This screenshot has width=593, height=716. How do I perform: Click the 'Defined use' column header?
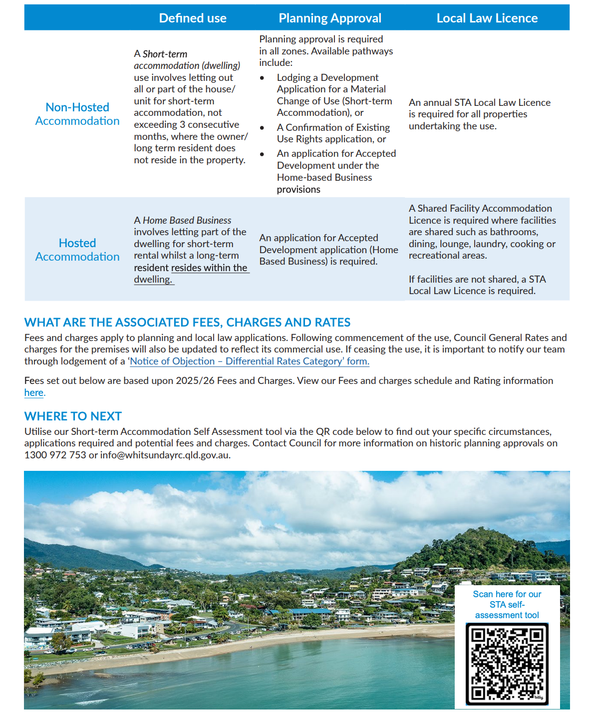coord(193,18)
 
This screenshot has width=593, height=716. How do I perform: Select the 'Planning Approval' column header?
coord(330,18)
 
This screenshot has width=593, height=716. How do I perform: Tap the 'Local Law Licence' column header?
coord(487,18)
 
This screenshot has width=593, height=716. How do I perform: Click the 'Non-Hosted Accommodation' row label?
coord(77,114)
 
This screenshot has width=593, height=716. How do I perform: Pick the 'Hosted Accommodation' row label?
coord(77,250)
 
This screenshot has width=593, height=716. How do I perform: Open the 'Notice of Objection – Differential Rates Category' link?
coord(249,361)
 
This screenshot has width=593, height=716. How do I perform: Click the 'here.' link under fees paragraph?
coord(34,392)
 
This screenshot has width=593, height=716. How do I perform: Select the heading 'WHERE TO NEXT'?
coord(73,416)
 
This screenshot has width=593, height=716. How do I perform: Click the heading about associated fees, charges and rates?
coord(187,323)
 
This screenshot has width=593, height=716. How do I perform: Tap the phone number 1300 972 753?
coord(55,455)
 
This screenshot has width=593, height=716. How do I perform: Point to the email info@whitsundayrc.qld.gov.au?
coord(165,455)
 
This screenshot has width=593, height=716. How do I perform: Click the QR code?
coord(507,664)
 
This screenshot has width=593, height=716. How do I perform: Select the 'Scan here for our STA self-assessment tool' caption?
coord(507,605)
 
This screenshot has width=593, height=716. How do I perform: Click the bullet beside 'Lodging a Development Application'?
coord(262,78)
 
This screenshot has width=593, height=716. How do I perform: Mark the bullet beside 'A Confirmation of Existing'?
coord(262,128)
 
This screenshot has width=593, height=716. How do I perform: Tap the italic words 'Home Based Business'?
coord(187,220)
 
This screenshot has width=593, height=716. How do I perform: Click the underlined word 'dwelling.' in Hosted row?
coord(153,280)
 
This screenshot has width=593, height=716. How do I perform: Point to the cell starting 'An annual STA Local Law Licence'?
coord(479,114)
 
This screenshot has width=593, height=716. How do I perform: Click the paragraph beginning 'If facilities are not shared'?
coord(477,285)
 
